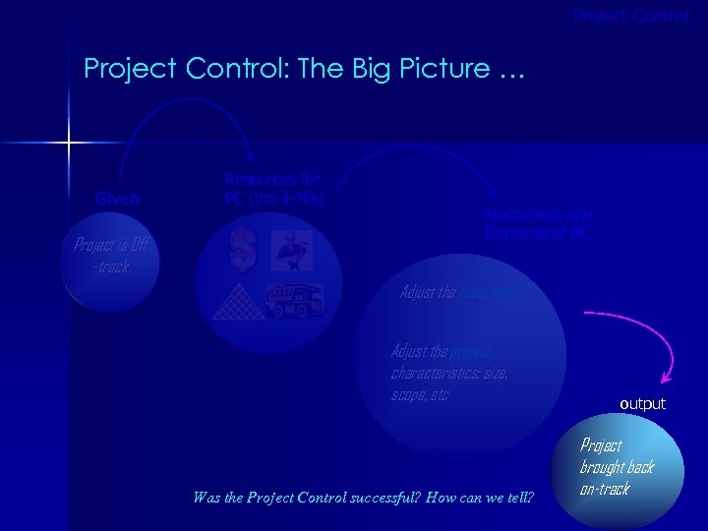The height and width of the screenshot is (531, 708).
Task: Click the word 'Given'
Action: (117, 199)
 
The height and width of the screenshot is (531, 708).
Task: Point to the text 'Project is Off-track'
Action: (109, 257)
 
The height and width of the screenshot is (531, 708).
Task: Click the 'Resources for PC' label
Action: (274, 188)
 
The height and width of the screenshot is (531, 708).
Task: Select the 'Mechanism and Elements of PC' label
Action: (538, 224)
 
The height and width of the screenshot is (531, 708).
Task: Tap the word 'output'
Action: (642, 404)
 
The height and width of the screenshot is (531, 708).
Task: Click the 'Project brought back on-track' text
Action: (617, 466)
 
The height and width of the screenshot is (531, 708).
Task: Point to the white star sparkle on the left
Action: (69, 144)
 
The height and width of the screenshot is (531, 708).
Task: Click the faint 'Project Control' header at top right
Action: (631, 16)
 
